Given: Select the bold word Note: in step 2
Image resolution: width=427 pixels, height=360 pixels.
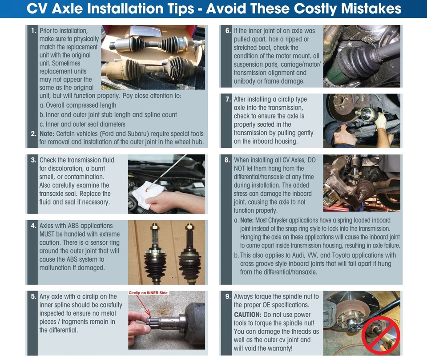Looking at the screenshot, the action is [x=47, y=134].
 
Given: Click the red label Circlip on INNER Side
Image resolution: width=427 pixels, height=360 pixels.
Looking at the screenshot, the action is [x=148, y=293].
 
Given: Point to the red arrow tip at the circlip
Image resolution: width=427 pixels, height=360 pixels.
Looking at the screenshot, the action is [x=149, y=316].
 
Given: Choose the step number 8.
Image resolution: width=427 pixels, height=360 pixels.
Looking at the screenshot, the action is [x=227, y=160].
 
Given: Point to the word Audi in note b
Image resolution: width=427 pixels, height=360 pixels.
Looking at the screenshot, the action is [x=299, y=255].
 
